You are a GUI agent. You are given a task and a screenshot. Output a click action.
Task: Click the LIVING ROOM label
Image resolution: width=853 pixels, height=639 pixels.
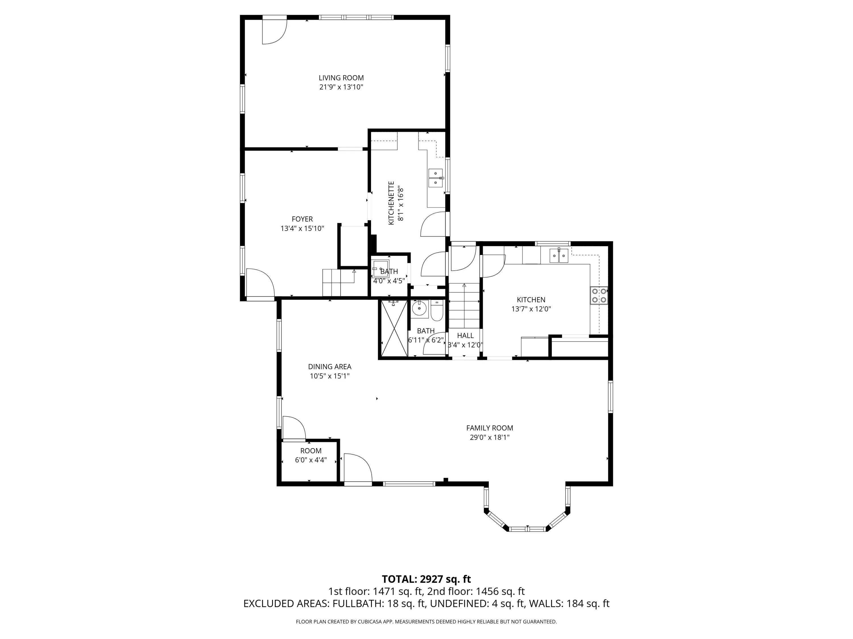pyautogui.click(x=341, y=78)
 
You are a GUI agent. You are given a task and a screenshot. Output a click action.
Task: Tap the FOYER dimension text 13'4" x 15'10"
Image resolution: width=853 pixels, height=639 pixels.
pyautogui.click(x=302, y=228)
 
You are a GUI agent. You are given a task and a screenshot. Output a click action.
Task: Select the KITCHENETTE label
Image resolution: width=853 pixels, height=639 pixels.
pyautogui.click(x=391, y=203)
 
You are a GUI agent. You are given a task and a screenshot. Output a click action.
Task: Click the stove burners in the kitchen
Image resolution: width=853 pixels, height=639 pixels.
pyautogui.click(x=599, y=295)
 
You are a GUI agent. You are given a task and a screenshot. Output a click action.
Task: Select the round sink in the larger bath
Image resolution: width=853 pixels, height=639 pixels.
pyautogui.click(x=419, y=308)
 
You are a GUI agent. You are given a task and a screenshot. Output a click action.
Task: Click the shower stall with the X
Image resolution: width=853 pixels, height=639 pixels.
pyautogui.click(x=394, y=328)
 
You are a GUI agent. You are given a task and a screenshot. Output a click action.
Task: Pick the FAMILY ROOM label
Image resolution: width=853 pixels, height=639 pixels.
pyautogui.click(x=489, y=428)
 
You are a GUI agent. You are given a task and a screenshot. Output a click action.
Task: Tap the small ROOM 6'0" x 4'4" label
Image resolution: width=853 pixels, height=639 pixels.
pyautogui.click(x=311, y=451)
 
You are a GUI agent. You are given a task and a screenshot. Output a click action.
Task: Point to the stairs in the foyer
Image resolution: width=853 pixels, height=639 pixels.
pyautogui.click(x=339, y=283)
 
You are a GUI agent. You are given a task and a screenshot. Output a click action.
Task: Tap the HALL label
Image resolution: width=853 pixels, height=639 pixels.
pyautogui.click(x=465, y=335)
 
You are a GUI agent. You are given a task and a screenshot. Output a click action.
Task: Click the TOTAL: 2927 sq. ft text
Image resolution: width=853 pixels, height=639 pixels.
pyautogui.click(x=426, y=590)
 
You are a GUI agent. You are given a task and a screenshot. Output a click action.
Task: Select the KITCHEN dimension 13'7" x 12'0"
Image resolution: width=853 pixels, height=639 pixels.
pyautogui.click(x=531, y=309)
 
